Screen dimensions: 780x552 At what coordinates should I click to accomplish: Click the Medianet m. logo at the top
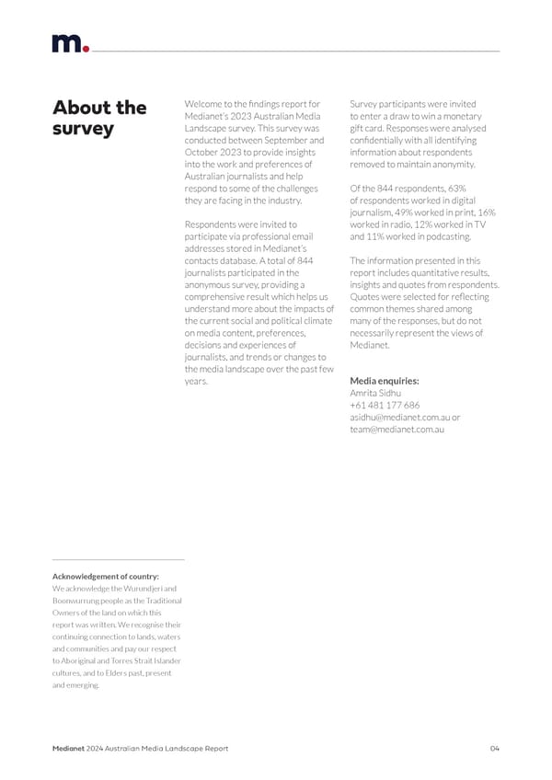tap(69, 43)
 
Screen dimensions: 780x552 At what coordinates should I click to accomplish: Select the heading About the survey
tap(98, 118)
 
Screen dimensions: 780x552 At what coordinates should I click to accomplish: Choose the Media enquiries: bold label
tap(385, 380)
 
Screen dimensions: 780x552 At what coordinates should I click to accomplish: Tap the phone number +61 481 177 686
tap(385, 405)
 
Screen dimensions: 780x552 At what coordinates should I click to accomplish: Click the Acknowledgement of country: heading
tap(105, 576)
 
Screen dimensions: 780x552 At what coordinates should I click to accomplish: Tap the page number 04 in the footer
tap(494, 748)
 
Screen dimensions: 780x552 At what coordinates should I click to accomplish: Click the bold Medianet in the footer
tap(69, 748)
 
